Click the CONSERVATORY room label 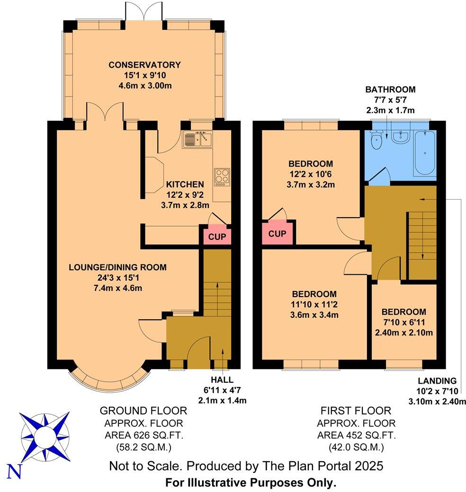tap(144, 65)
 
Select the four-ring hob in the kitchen tap(222, 176)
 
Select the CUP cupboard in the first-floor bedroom tap(277, 233)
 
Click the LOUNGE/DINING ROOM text tap(118, 267)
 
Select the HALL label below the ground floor tap(222, 380)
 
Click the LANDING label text tap(437, 381)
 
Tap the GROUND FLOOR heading tap(143, 411)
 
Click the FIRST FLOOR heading tap(356, 411)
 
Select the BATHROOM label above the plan tap(390, 89)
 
